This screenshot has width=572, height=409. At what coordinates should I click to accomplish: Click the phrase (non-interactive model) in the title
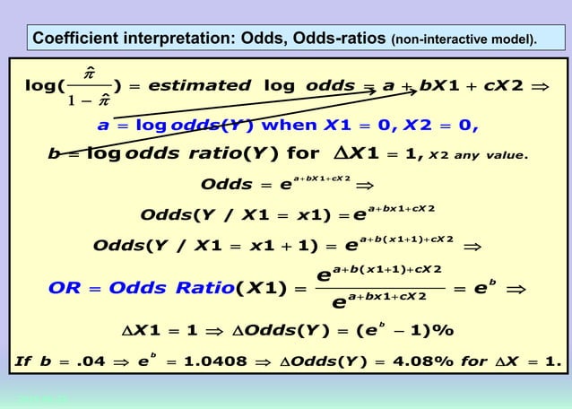pyautogui.click(x=464, y=40)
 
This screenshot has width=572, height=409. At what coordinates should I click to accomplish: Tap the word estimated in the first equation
pyautogui.click(x=199, y=86)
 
